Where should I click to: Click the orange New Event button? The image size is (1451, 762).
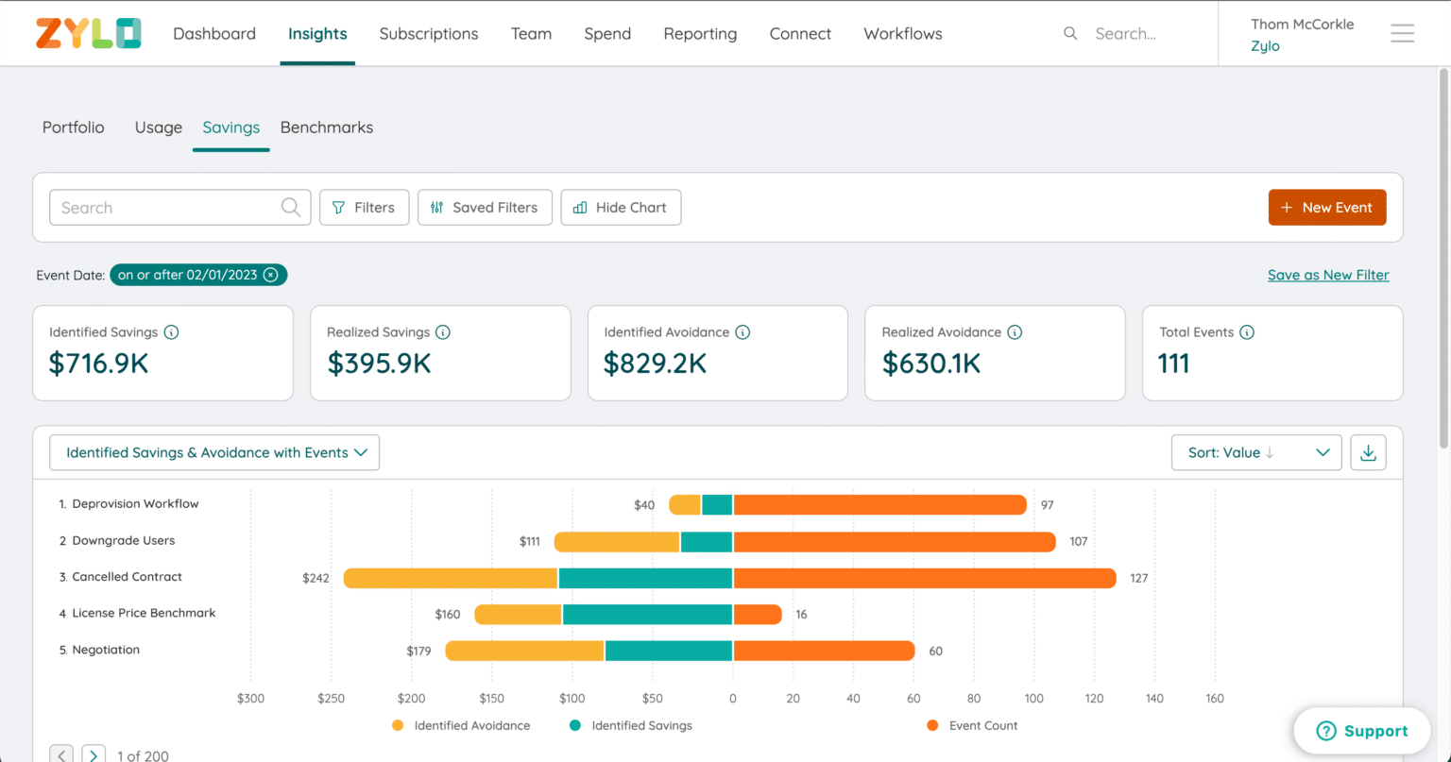(1326, 208)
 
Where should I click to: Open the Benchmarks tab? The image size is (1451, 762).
(326, 127)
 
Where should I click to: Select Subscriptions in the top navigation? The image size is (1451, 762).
(428, 34)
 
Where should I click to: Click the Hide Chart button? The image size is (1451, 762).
(621, 208)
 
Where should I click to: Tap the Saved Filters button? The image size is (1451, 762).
(485, 208)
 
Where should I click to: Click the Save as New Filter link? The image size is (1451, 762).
(1327, 275)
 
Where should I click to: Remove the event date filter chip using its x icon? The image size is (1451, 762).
(271, 275)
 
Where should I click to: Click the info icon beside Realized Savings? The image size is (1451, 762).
(442, 332)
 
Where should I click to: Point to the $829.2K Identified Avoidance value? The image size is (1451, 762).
(655, 364)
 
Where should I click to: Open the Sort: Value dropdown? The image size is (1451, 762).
(1255, 452)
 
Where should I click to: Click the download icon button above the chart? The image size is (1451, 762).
(1368, 452)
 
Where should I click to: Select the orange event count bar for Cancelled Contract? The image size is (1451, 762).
(924, 578)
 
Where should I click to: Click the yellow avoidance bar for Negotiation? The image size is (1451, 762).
(525, 651)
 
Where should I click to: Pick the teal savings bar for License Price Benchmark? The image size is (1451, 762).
(647, 615)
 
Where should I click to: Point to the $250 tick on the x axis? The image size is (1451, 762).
(331, 699)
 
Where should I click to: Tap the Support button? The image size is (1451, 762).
(1361, 731)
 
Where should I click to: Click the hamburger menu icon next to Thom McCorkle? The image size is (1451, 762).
(1402, 34)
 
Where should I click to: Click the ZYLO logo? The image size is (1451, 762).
(88, 33)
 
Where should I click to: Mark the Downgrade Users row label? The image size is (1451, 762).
(123, 541)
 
